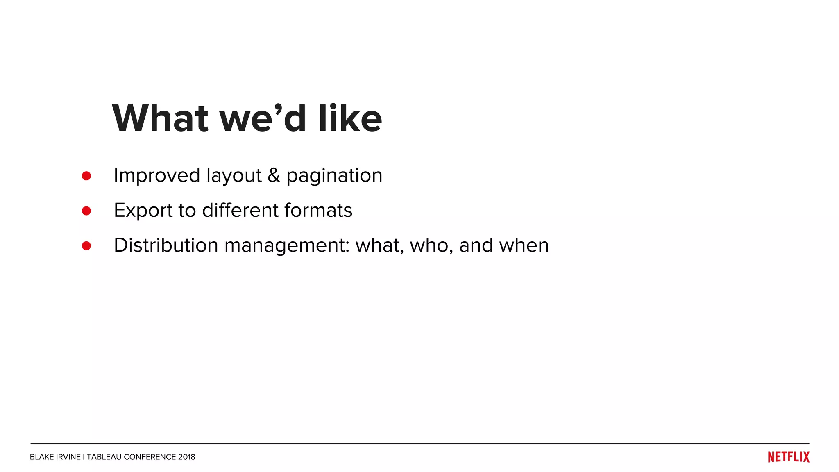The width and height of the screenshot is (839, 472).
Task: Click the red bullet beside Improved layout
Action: click(x=86, y=176)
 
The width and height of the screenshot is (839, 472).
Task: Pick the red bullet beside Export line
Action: click(x=86, y=211)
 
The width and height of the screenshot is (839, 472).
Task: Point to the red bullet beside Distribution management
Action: click(x=86, y=246)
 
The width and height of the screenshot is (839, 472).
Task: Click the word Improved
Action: click(x=157, y=175)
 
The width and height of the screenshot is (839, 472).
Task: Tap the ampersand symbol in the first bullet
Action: click(x=274, y=175)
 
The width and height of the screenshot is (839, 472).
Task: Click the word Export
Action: click(x=143, y=211)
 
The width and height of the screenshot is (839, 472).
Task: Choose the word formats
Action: click(x=318, y=210)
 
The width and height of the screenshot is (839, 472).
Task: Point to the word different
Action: click(x=240, y=210)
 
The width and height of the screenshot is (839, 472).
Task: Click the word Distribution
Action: click(x=166, y=245)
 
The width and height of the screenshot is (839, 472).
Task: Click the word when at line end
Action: click(x=524, y=245)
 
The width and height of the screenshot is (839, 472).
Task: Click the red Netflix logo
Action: click(x=789, y=457)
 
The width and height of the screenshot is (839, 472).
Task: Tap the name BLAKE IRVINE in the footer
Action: click(x=55, y=457)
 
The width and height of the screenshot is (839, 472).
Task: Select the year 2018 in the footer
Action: click(x=187, y=457)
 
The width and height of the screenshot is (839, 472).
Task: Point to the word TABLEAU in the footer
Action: click(x=104, y=457)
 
